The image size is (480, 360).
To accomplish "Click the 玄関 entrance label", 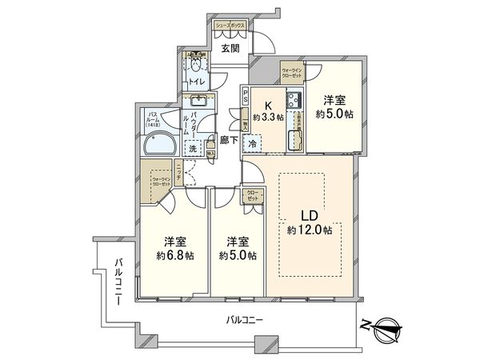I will coord(230,48).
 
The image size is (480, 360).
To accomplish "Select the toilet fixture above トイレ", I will coord(194,62).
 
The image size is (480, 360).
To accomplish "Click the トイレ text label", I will coord(195,81).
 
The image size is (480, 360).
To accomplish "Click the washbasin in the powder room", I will coord(194,102).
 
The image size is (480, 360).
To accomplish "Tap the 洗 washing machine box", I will coord(192,148).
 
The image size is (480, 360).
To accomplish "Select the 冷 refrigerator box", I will coord(253,145).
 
